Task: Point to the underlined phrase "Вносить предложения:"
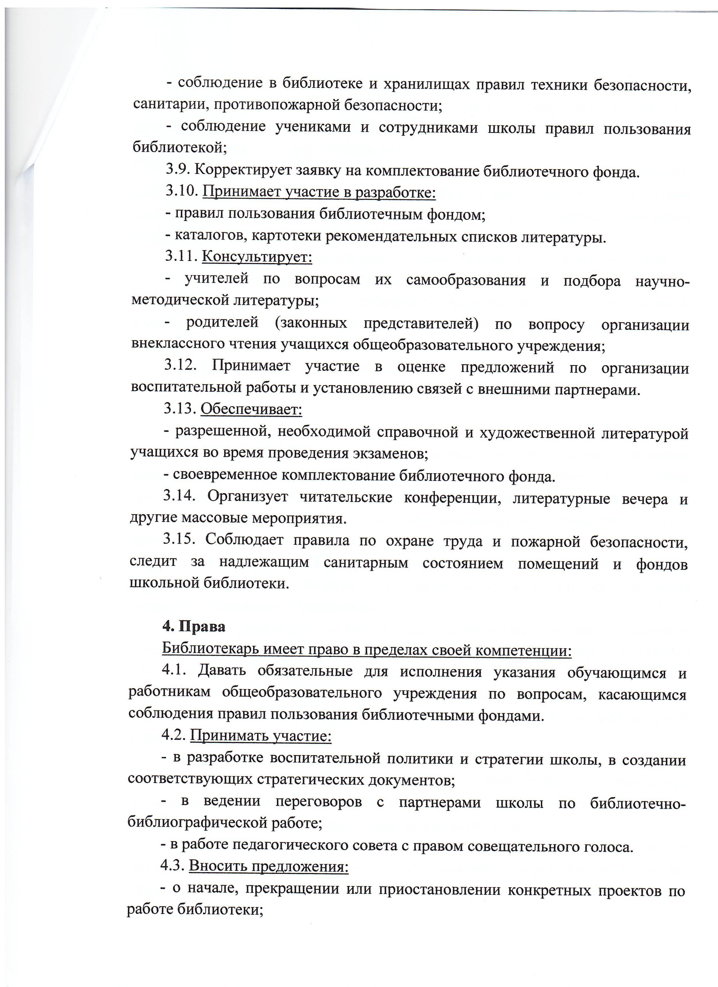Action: click(x=268, y=866)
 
